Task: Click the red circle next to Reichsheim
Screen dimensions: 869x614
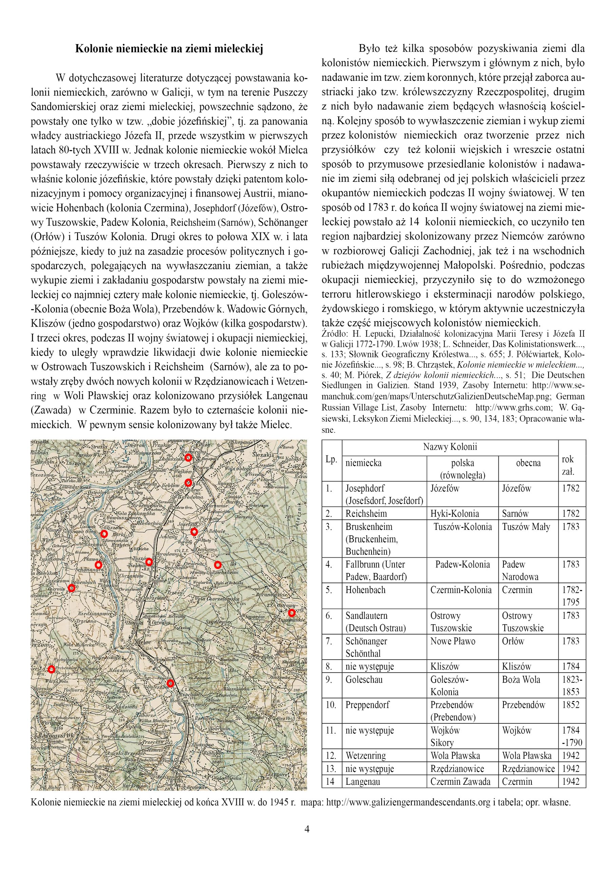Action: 217,565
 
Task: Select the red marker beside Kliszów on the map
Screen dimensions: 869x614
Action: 104,534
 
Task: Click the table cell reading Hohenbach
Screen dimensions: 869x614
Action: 365,590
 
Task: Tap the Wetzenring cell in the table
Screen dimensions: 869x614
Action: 365,756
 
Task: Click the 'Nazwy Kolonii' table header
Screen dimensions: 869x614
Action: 450,447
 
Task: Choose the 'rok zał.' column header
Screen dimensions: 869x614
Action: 568,465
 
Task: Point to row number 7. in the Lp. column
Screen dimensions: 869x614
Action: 329,641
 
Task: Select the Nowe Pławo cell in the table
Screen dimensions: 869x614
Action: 453,641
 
